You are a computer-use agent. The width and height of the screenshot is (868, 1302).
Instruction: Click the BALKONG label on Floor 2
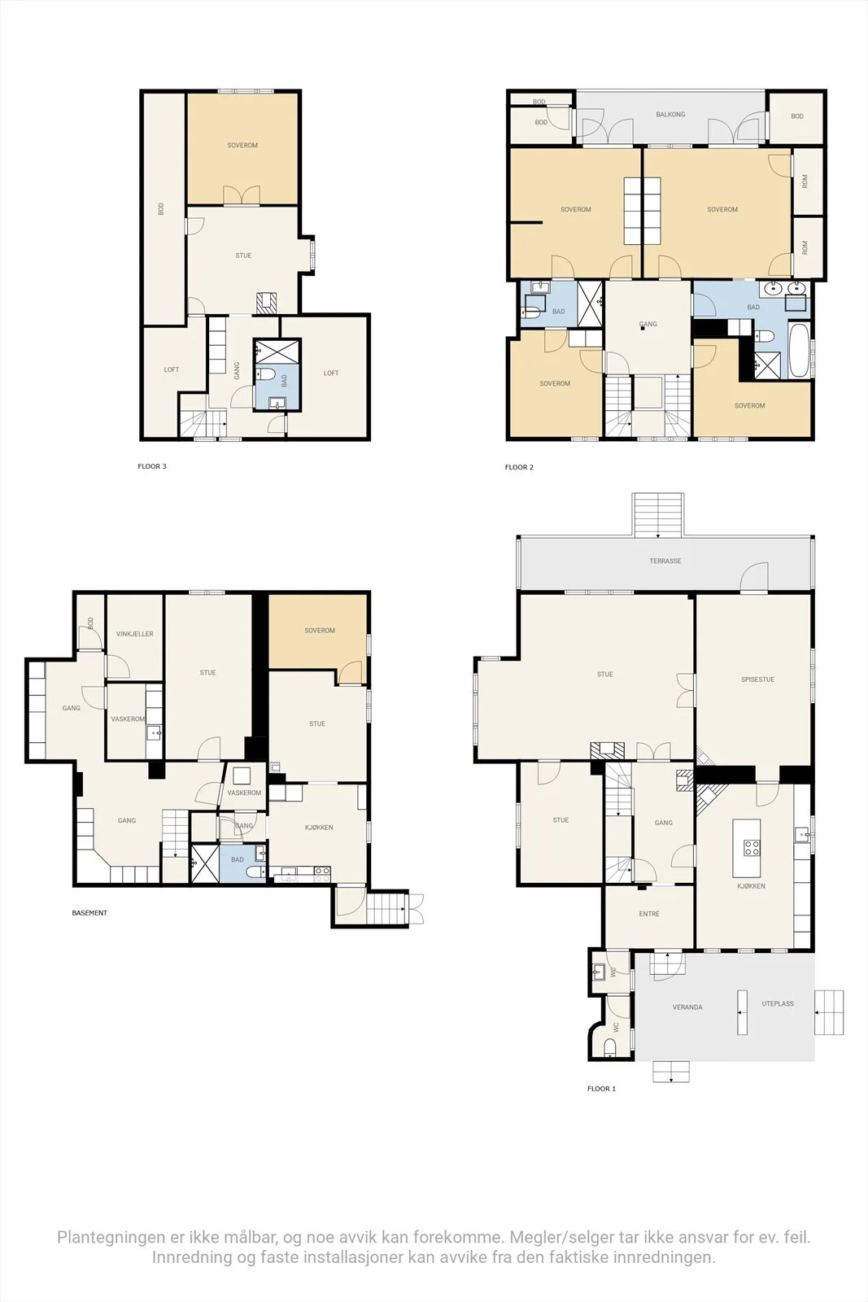click(x=670, y=115)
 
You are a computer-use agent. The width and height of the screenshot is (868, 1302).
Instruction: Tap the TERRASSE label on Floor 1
click(x=665, y=561)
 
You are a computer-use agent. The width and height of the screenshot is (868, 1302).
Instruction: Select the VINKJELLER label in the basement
click(x=135, y=634)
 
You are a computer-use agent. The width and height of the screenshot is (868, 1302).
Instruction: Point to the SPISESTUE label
click(x=757, y=679)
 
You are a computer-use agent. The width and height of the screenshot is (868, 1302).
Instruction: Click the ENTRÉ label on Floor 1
click(x=649, y=914)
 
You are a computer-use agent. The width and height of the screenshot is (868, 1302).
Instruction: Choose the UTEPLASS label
click(x=778, y=1003)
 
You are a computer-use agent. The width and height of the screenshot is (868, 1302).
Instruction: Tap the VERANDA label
click(x=687, y=1007)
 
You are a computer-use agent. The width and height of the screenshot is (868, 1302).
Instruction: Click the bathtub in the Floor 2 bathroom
click(x=799, y=351)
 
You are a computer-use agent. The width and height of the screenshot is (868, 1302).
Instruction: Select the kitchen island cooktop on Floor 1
click(x=751, y=848)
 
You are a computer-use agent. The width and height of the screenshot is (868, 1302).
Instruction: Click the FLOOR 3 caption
click(x=151, y=466)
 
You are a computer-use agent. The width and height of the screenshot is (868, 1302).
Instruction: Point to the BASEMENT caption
click(x=89, y=912)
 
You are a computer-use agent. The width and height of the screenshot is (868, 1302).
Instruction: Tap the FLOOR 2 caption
click(x=519, y=467)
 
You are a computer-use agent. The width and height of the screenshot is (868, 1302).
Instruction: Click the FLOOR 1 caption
click(x=601, y=1088)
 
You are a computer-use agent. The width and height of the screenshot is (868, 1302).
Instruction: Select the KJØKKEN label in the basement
click(x=319, y=827)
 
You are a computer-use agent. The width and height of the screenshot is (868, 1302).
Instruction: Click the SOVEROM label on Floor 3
click(x=242, y=146)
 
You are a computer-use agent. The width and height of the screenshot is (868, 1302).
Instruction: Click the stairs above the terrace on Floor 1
click(x=658, y=514)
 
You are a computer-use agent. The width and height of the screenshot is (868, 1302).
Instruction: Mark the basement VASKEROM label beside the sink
click(x=128, y=719)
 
